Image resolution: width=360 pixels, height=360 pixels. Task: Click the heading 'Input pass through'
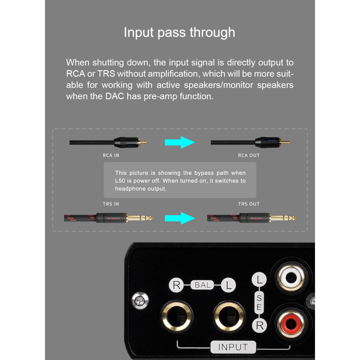click(x=180, y=32)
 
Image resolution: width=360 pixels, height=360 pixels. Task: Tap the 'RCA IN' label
click(x=111, y=155)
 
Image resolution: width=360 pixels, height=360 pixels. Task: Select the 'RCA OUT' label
click(x=249, y=155)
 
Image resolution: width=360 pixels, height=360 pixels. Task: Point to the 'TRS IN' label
click(x=111, y=204)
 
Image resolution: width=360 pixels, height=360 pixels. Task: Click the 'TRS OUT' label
click(x=249, y=204)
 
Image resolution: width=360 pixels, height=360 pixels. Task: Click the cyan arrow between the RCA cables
click(x=180, y=142)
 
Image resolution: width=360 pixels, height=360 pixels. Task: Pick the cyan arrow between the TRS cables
click(x=180, y=218)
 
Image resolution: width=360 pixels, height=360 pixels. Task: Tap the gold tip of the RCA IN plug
click(x=143, y=142)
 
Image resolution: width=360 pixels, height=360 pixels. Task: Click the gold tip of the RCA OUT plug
click(x=285, y=142)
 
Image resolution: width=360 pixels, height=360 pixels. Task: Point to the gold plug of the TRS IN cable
click(x=140, y=218)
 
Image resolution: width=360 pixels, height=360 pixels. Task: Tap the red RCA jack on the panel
click(x=291, y=324)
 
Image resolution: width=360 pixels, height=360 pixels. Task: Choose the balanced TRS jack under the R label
click(x=177, y=316)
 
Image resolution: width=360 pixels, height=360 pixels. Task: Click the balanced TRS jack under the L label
click(x=229, y=316)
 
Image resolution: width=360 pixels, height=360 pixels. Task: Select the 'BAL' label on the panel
click(x=203, y=285)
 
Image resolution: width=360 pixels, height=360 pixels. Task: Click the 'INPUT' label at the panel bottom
click(x=233, y=347)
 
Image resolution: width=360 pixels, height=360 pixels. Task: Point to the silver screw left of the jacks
click(x=140, y=301)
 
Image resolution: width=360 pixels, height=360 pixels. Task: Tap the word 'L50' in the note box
click(x=120, y=181)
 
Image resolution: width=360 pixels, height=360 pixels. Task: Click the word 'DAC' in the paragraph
click(x=115, y=96)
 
